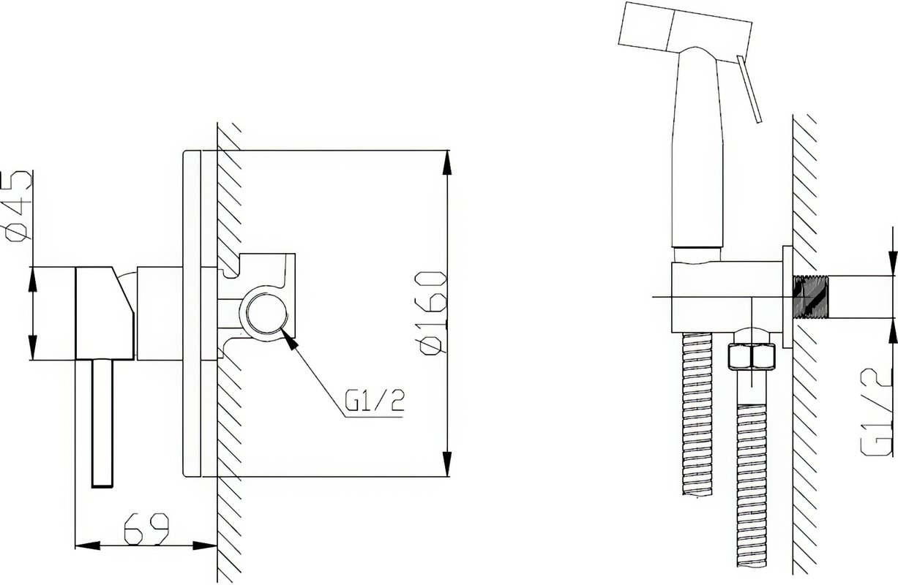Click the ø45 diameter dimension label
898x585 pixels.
18,206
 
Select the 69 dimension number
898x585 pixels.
146,529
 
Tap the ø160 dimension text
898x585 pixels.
433,312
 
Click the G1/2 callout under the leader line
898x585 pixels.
375,401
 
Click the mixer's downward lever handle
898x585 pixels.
102,423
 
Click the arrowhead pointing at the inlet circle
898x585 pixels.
289,339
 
